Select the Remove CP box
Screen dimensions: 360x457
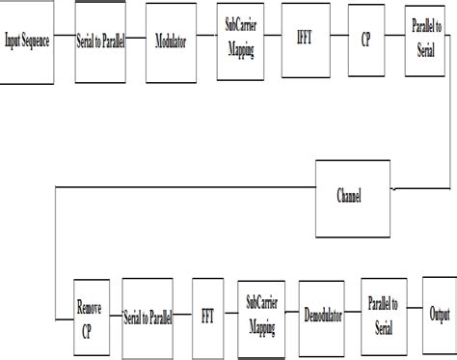point(90,316)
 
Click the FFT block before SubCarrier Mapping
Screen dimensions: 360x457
point(207,316)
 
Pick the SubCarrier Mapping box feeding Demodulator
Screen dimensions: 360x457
point(263,314)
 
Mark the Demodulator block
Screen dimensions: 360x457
point(321,314)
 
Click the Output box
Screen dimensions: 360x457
point(439,314)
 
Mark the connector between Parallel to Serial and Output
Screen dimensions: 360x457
point(416,314)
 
